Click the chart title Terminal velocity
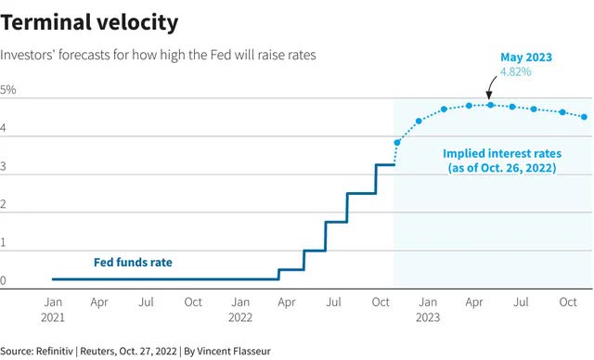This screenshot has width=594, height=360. tap(89, 22)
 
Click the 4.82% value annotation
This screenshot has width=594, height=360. tap(516, 71)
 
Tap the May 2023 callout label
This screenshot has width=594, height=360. tap(526, 58)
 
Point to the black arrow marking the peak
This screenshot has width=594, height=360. tap(491, 86)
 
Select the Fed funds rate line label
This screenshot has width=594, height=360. tap(133, 262)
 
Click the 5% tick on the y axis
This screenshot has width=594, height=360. tap(8, 90)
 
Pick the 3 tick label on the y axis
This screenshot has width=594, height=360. tap(3, 166)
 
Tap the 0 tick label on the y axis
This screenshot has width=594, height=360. tap(3, 280)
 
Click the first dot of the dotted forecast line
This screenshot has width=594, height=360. tap(397, 143)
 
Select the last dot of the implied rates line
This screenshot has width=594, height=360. tap(584, 117)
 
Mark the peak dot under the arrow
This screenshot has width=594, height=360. tap(491, 105)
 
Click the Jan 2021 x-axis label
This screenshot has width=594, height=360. tap(53, 310)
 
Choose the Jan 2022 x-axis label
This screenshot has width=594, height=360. tap(240, 310)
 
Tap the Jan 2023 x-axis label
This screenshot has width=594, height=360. tap(428, 310)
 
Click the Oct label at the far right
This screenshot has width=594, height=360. tap(568, 302)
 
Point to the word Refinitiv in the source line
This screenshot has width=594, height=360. tap(54, 352)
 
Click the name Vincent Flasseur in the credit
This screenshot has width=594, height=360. tap(234, 352)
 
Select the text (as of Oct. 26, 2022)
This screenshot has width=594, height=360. tap(502, 168)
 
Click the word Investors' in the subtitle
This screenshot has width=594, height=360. tap(27, 56)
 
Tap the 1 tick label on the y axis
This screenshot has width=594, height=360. tap(3, 242)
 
